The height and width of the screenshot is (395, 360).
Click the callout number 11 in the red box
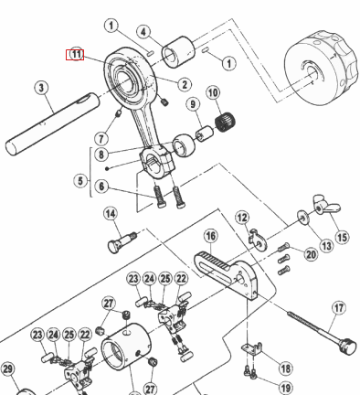point(75,55)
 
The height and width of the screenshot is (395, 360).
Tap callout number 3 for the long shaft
point(41,88)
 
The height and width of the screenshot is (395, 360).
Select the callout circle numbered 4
point(143,32)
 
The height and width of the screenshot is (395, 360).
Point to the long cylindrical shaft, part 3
point(52,124)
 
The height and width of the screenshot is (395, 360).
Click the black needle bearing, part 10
point(226,123)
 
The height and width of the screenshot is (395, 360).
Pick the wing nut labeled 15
point(326,206)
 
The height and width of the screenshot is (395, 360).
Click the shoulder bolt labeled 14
point(122,241)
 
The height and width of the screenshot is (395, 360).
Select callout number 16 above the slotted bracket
point(211,236)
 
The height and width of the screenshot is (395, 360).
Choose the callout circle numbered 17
point(339,308)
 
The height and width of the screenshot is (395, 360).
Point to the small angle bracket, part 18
point(252,348)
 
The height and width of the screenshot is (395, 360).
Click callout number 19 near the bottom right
point(285,389)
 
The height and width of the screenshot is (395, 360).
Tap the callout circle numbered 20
point(311,254)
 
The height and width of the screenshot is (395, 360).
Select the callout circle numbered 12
point(242,218)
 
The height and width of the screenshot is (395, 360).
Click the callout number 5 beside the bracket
point(80,181)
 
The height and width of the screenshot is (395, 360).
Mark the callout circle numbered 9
point(193,104)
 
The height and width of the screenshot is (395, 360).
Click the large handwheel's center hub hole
point(313,73)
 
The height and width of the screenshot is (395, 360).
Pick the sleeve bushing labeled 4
point(178,51)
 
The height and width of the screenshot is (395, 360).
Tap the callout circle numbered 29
point(7,369)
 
